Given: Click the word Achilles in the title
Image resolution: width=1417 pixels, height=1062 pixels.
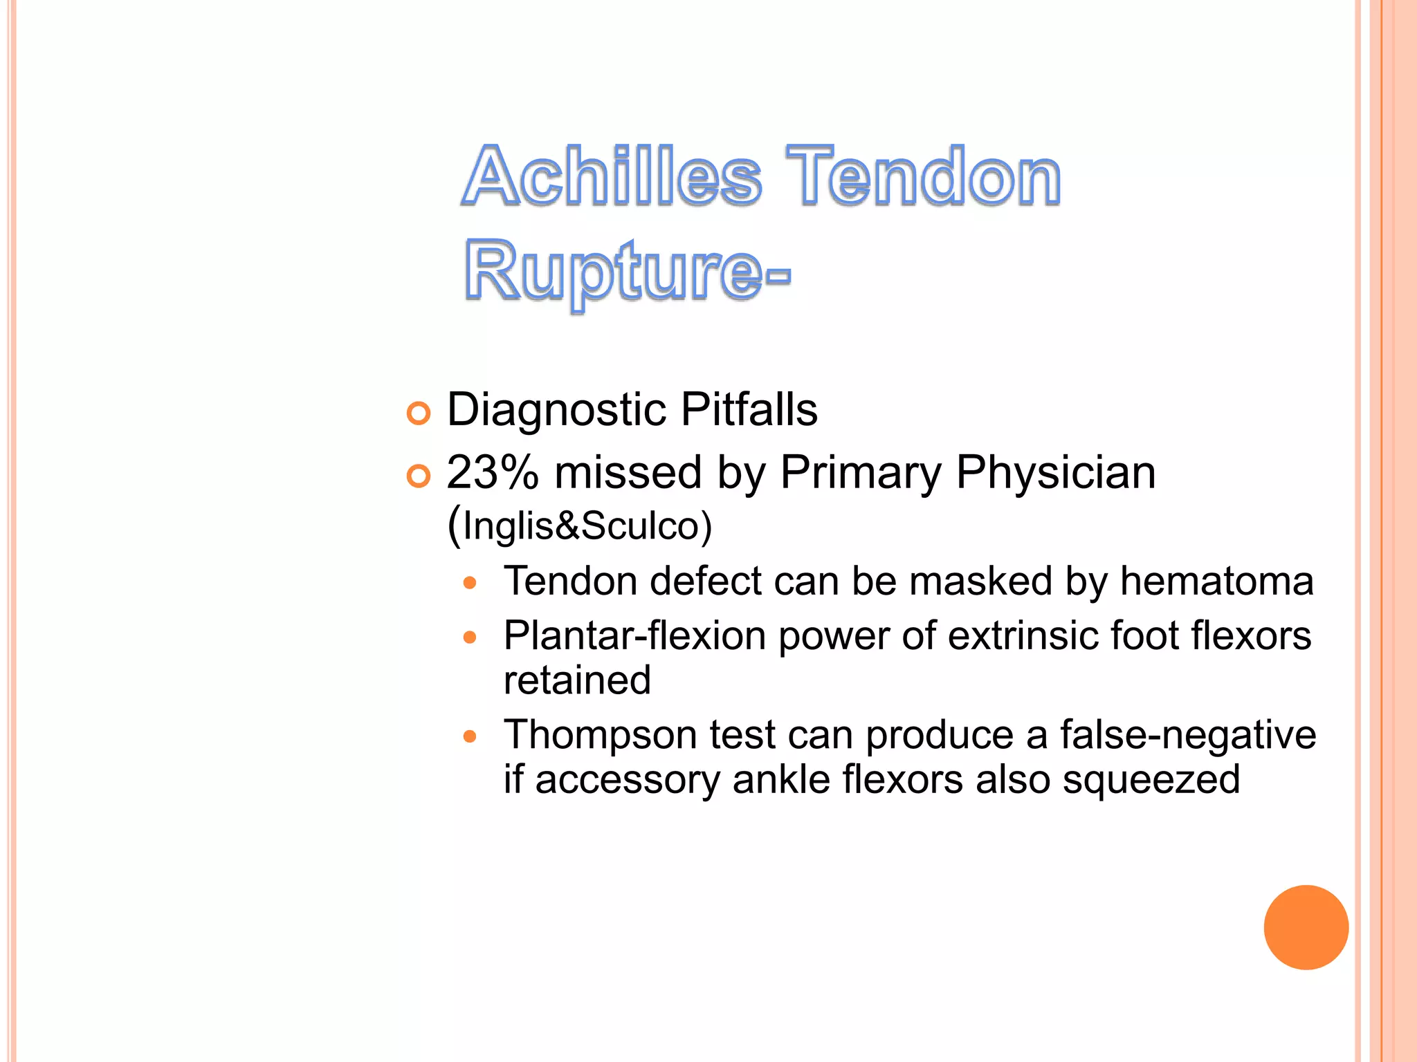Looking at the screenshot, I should click(x=612, y=176).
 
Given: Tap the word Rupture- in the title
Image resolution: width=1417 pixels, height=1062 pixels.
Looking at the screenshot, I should click(x=626, y=271).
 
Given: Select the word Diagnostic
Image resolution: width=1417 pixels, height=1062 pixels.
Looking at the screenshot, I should click(x=557, y=409).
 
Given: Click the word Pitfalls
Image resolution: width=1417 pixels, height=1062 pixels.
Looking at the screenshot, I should click(x=749, y=409).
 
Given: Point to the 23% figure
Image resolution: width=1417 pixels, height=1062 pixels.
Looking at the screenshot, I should click(x=492, y=473).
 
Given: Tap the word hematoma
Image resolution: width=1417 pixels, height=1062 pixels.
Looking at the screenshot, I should click(x=1216, y=581).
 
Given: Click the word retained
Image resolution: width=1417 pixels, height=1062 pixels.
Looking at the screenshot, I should click(x=577, y=680).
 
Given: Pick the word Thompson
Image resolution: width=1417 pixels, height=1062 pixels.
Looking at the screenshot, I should click(x=600, y=735).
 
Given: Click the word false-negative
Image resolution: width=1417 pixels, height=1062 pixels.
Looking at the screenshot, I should click(x=1187, y=735).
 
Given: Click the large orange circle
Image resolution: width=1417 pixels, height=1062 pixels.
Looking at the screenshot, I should click(x=1306, y=927).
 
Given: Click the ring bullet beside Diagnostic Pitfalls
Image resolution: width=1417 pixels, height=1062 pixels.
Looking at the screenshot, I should click(x=419, y=413).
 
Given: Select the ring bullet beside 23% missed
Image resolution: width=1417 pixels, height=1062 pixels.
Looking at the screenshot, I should click(x=419, y=476).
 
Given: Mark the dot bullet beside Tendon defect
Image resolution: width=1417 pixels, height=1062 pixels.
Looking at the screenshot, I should click(x=470, y=584).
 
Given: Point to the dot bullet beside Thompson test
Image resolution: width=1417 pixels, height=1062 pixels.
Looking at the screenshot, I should click(x=470, y=737).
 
